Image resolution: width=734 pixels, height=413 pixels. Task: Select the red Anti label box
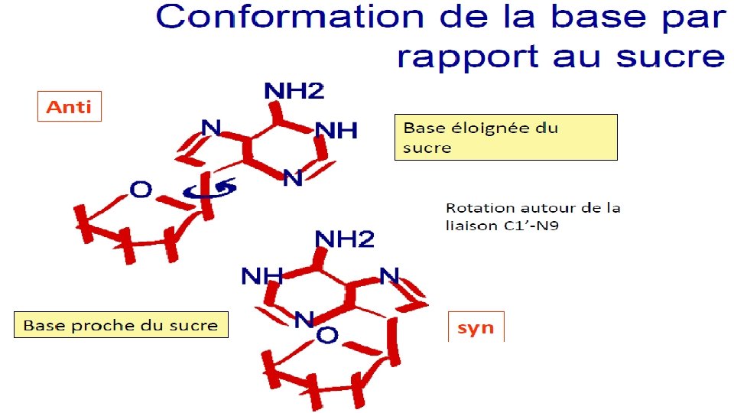[70, 106]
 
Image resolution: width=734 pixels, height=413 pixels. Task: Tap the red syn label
[476, 328]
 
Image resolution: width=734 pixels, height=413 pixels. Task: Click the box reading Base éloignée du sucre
[505, 137]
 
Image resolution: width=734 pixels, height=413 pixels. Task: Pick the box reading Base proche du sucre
[121, 325]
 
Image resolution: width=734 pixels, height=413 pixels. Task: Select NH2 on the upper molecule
[294, 92]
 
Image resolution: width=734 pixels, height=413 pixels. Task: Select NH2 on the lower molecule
[345, 239]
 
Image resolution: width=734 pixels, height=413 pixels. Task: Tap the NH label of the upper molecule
[336, 131]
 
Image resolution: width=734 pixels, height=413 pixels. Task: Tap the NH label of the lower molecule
[262, 275]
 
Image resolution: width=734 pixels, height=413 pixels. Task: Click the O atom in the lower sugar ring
[327, 334]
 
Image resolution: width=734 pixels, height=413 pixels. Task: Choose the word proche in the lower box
[95, 326]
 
